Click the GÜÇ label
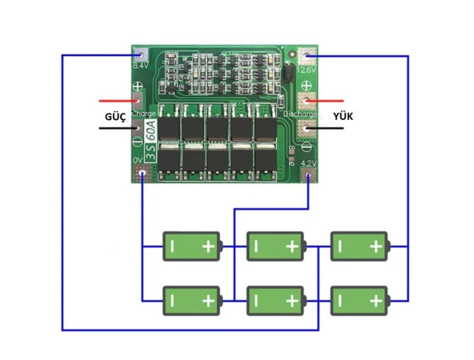(116, 117)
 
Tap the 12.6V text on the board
(307, 70)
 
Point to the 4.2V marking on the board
(308, 163)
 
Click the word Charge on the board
(143, 114)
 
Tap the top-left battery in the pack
(191, 246)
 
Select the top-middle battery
(275, 246)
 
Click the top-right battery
(360, 246)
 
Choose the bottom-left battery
(191, 301)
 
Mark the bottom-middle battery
(275, 301)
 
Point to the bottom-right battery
(360, 301)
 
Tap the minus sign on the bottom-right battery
(341, 302)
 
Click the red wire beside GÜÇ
(116, 102)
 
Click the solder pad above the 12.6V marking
(307, 56)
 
